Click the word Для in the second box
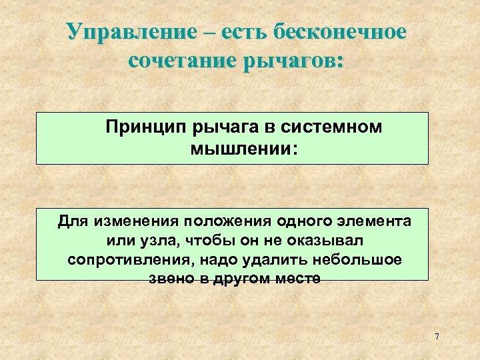[72, 221]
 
